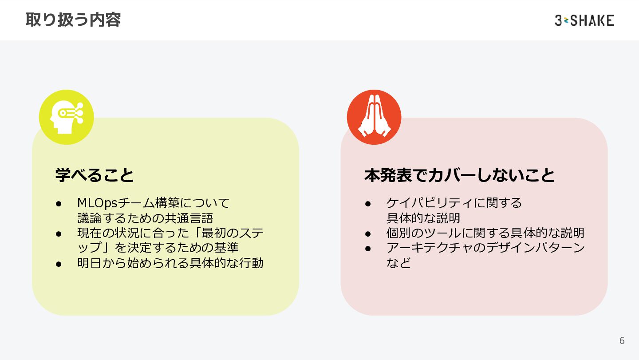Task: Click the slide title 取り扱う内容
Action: (73, 20)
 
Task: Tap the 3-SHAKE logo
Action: (584, 20)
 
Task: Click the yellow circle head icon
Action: (67, 117)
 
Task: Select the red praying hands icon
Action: (374, 117)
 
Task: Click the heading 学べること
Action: (95, 175)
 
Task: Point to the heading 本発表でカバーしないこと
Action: (459, 175)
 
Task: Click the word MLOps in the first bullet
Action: (97, 203)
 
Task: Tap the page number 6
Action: (622, 340)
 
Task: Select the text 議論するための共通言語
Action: (145, 218)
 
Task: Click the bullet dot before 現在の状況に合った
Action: (58, 233)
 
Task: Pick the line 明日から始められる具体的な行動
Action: (170, 263)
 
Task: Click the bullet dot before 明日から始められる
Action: (58, 263)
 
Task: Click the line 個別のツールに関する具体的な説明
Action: (485, 233)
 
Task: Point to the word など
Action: (398, 263)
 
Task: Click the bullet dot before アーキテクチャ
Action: (367, 248)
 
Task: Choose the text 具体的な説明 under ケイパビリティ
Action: (423, 218)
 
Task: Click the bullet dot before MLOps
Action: (58, 203)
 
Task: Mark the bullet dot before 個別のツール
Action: (367, 233)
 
